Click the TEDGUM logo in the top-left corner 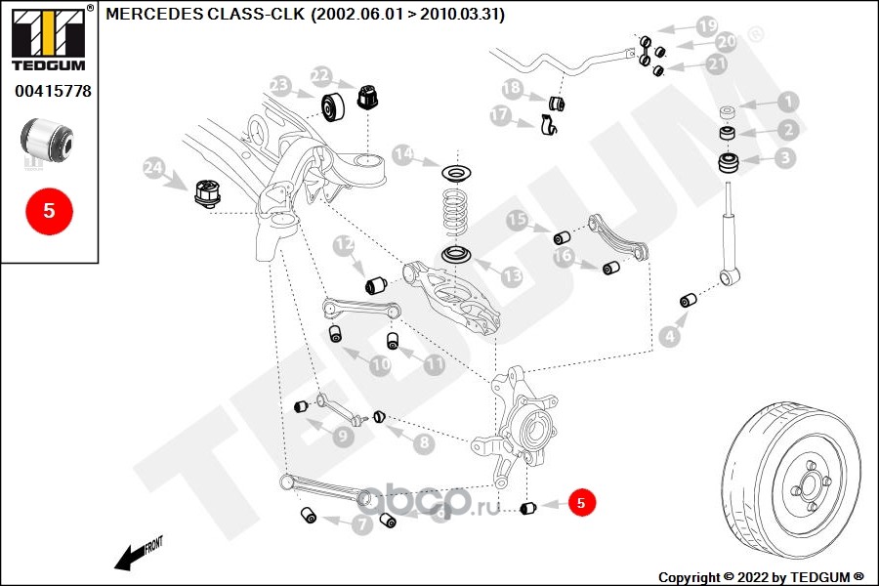49,37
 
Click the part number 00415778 53,91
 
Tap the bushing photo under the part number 47,138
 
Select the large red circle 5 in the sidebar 49,211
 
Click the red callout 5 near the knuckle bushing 581,502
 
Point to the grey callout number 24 154,168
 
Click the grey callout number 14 403,153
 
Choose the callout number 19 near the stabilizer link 707,25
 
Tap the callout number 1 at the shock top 788,102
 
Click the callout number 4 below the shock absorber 670,336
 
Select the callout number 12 344,244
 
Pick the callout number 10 380,365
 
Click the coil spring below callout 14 455,212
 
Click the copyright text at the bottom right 761,577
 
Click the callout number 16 563,256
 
